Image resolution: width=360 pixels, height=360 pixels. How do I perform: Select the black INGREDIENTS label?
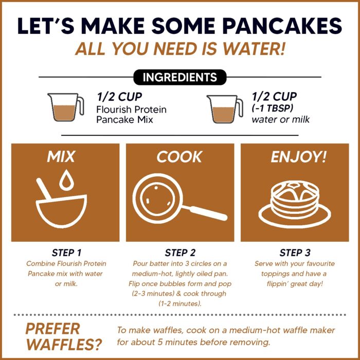coord(179,78)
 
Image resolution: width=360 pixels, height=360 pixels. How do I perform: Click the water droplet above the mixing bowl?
coord(65,179)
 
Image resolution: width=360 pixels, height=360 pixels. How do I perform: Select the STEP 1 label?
coord(66,253)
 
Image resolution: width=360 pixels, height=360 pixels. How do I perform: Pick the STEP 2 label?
coord(180,253)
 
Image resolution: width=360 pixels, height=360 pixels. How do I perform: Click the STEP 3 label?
coord(295,253)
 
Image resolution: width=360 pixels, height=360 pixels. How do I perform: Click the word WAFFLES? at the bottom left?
coord(63,344)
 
